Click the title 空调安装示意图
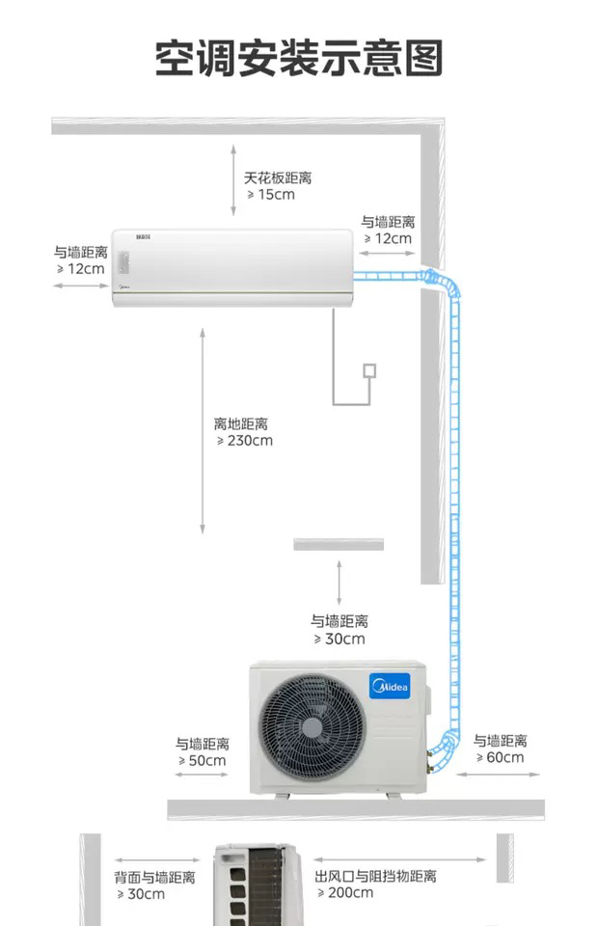[x=299, y=59]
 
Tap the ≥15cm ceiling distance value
[x=271, y=195]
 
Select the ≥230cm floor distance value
[x=245, y=441]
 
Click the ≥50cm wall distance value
[x=202, y=761]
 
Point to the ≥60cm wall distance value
[x=500, y=757]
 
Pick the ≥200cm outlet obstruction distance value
[x=344, y=893]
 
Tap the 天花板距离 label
[x=278, y=178]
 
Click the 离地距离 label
[x=241, y=424]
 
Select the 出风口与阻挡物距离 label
[x=375, y=877]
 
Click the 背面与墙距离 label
[x=155, y=878]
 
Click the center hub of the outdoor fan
[x=312, y=725]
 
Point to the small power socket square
[x=368, y=370]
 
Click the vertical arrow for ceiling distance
[x=232, y=180]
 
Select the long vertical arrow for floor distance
[x=203, y=429]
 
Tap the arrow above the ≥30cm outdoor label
[x=339, y=582]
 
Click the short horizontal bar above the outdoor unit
[x=339, y=545]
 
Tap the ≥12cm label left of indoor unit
[x=80, y=269]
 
